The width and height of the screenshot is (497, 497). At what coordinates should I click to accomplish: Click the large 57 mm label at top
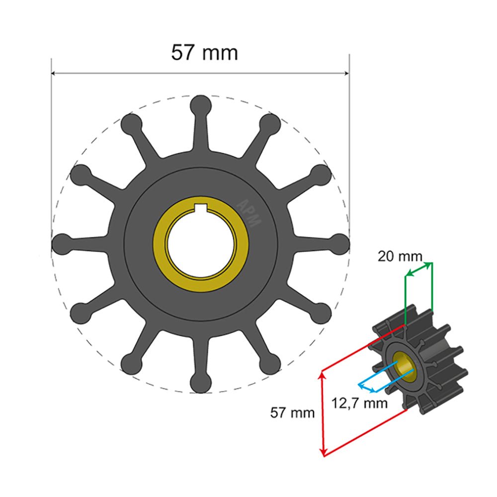click(x=204, y=52)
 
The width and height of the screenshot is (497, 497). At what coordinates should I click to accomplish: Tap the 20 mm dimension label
click(x=400, y=256)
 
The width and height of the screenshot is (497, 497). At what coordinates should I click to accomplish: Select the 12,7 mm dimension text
click(x=359, y=403)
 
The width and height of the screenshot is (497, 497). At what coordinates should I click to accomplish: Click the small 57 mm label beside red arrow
click(x=292, y=412)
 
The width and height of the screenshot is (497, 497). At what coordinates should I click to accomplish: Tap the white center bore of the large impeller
click(x=201, y=244)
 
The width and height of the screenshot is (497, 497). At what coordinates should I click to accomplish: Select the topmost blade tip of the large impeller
click(x=201, y=105)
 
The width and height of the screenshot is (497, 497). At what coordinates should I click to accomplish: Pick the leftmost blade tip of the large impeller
click(x=62, y=244)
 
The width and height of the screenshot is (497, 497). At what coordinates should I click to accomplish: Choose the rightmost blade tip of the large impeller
click(x=339, y=244)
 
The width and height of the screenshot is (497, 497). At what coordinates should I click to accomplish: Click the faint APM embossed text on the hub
click(x=249, y=213)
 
